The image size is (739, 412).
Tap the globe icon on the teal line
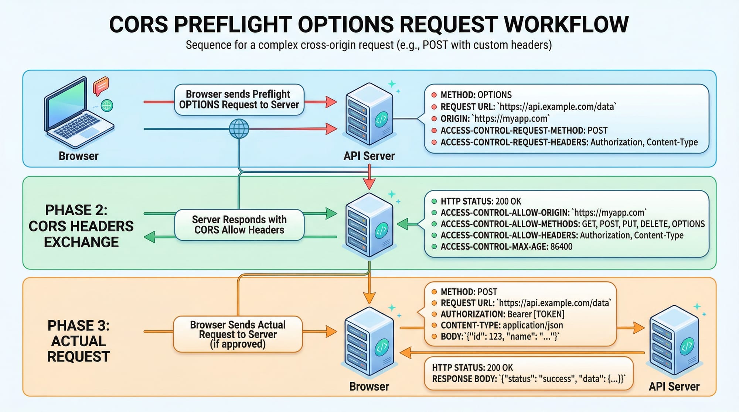pyautogui.click(x=239, y=129)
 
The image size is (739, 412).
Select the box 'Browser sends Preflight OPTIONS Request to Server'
pyautogui.click(x=239, y=100)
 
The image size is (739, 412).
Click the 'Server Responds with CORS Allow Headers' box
pyautogui.click(x=239, y=225)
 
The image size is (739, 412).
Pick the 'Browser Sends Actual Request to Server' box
pyautogui.click(x=238, y=334)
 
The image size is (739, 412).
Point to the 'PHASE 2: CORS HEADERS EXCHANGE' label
pyautogui.click(x=81, y=226)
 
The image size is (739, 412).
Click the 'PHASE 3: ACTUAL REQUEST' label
pyautogui.click(x=79, y=341)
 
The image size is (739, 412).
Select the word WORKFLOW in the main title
pyautogui.click(x=566, y=25)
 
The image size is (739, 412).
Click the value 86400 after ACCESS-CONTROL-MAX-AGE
pyautogui.click(x=561, y=247)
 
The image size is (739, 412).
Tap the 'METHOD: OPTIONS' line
pyautogui.click(x=476, y=95)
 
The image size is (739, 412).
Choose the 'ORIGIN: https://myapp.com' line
pyautogui.click(x=495, y=119)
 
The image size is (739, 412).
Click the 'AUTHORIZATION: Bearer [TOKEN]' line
pyautogui.click(x=503, y=314)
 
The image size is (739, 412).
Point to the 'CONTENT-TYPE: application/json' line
pyautogui.click(x=502, y=325)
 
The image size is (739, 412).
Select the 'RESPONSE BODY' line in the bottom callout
pyautogui.click(x=528, y=379)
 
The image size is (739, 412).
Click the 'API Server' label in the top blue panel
pyautogui.click(x=369, y=156)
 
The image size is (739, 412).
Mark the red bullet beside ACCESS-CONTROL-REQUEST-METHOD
pyautogui.click(x=434, y=130)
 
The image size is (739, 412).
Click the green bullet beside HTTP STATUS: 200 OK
pyautogui.click(x=434, y=202)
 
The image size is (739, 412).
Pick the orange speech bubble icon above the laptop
pyautogui.click(x=101, y=86)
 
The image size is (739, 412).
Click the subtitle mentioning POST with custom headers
pyautogui.click(x=369, y=45)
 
